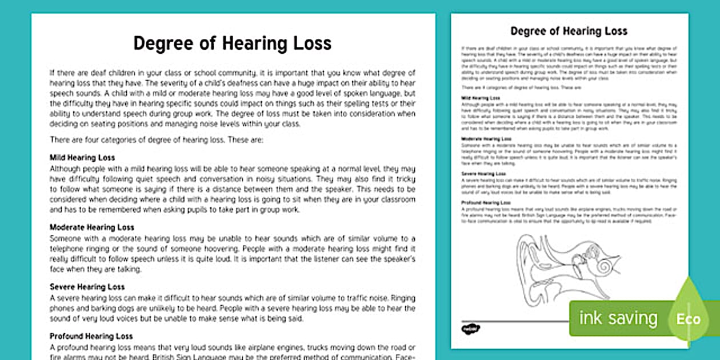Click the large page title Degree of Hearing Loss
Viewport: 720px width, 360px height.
point(232,43)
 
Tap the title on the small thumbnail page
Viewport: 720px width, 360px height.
point(569,31)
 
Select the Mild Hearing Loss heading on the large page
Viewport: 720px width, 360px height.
point(82,157)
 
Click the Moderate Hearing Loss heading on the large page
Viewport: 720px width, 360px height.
point(92,227)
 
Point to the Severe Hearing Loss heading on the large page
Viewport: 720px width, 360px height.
point(87,286)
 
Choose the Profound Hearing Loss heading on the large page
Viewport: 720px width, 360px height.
point(91,336)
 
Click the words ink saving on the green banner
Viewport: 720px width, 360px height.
point(618,318)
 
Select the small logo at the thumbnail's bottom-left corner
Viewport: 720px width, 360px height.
point(471,329)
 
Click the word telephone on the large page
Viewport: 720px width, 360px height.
point(69,249)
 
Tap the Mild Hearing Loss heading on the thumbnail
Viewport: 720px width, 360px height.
point(480,98)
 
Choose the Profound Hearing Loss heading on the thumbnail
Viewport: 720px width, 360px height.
point(486,203)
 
